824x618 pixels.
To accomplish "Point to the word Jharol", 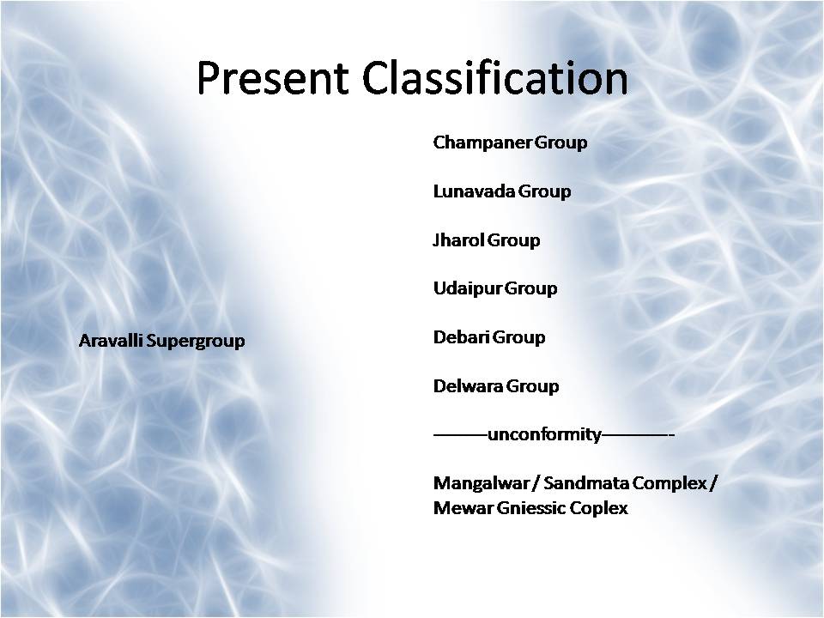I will [458, 240].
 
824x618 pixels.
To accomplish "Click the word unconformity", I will [544, 435].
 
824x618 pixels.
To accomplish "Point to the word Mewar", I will [457, 508].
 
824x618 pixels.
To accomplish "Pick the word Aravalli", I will [110, 341].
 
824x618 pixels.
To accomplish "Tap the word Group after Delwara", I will [533, 386].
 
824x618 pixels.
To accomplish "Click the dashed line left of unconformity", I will [460, 435].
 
